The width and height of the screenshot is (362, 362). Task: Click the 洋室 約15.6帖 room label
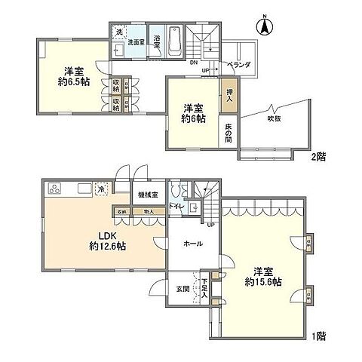[267, 276]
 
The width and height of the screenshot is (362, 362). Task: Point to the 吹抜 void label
[275, 118]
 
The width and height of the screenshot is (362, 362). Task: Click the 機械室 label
[148, 195]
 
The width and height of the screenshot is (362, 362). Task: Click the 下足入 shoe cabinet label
[204, 289]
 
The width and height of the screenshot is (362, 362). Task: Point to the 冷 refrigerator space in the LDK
[100, 190]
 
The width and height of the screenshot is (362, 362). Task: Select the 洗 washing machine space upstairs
[119, 32]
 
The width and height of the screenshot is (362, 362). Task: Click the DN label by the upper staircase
[194, 63]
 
